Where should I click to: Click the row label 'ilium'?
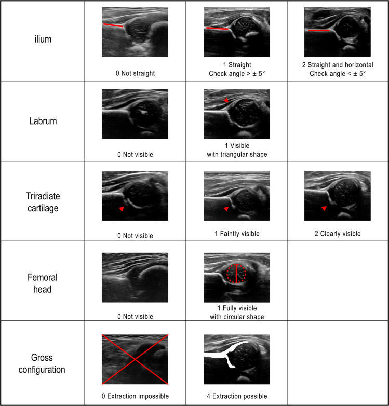pyautogui.click(x=43, y=39)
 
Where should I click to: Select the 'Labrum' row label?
pyautogui.click(x=43, y=121)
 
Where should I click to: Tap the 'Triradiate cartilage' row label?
pyautogui.click(x=43, y=202)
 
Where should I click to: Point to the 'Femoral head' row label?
pyautogui.click(x=43, y=283)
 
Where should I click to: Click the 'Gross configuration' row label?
pyautogui.click(x=42, y=363)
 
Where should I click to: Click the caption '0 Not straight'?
pyautogui.click(x=135, y=73)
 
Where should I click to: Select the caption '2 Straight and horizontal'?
pyautogui.click(x=338, y=65)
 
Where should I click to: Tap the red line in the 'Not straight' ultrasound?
pyautogui.click(x=113, y=25)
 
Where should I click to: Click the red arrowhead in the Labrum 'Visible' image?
pyautogui.click(x=226, y=100)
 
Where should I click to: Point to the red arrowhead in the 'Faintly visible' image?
pyautogui.click(x=226, y=209)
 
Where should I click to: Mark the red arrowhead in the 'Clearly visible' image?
pyautogui.click(x=324, y=208)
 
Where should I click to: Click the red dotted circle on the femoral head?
pyautogui.click(x=227, y=274)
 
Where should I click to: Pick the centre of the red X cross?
pyautogui.click(x=135, y=359)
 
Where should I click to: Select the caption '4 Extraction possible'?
pyautogui.click(x=237, y=396)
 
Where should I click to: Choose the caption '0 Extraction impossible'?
pyautogui.click(x=135, y=396)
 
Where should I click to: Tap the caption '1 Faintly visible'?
pyautogui.click(x=237, y=234)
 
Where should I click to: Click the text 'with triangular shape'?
pyautogui.click(x=237, y=154)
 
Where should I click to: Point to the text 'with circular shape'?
pyautogui.click(x=237, y=317)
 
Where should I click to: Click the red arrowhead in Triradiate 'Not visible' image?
pyautogui.click(x=122, y=209)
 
